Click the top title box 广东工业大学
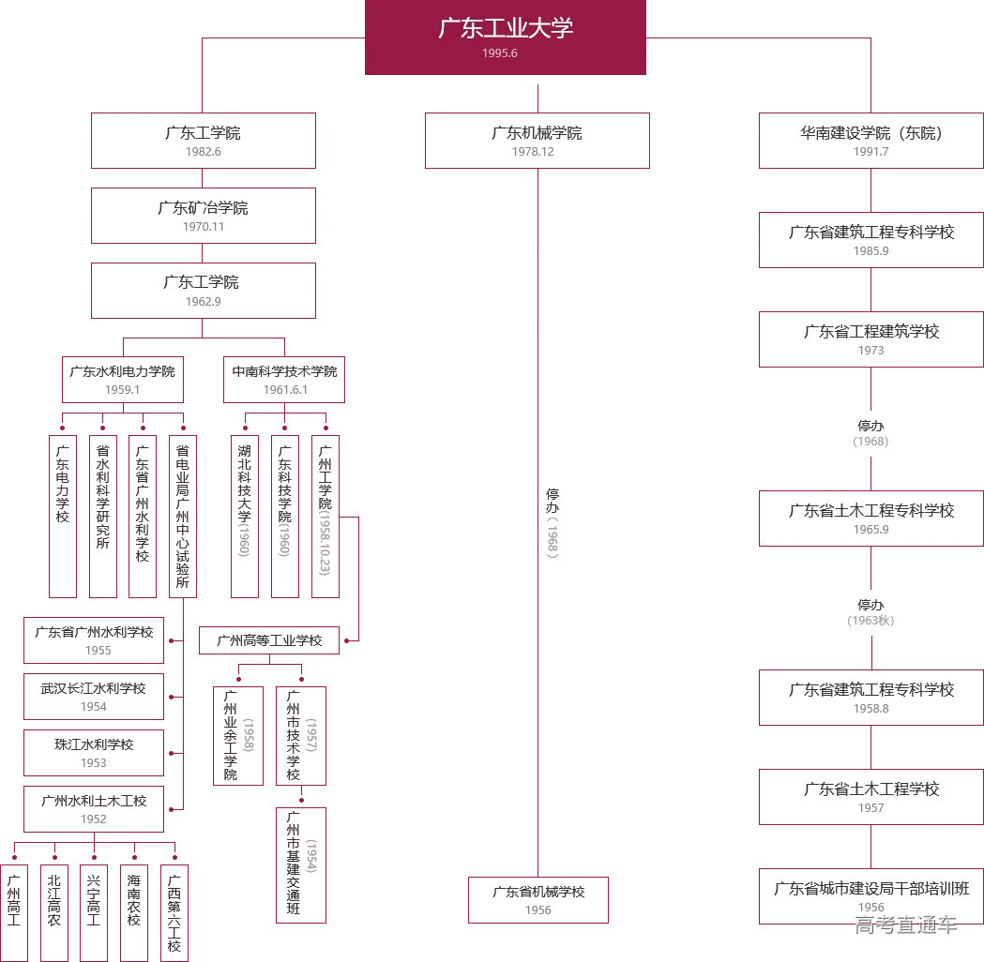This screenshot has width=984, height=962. pyautogui.click(x=505, y=37)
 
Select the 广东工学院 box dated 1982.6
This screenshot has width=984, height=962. pyautogui.click(x=203, y=141)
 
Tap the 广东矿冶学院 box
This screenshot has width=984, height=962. pyautogui.click(x=203, y=216)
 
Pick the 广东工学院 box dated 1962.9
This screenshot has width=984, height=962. pyautogui.click(x=203, y=290)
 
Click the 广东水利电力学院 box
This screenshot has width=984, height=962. pyautogui.click(x=122, y=379)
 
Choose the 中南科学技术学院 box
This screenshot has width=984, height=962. pyautogui.click(x=284, y=379)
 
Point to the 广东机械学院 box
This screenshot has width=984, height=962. pyautogui.click(x=537, y=141)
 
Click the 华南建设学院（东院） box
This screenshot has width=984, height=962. pyautogui.click(x=870, y=141)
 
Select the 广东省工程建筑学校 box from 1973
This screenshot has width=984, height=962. pyautogui.click(x=870, y=339)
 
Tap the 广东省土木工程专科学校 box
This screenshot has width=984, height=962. pyautogui.click(x=870, y=519)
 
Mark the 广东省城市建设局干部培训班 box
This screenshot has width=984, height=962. pyautogui.click(x=870, y=896)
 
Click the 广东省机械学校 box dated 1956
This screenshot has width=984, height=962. pyautogui.click(x=538, y=900)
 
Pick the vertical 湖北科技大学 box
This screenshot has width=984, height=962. pyautogui.click(x=245, y=516)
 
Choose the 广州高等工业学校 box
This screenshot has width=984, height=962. pyautogui.click(x=269, y=640)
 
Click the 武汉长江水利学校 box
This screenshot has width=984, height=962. pyautogui.click(x=94, y=697)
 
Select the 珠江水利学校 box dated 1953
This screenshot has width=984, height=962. pyautogui.click(x=94, y=753)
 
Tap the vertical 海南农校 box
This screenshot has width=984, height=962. pyautogui.click(x=134, y=912)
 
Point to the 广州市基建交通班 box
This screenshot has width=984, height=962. pyautogui.click(x=301, y=864)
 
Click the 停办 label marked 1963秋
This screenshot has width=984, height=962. pyautogui.click(x=870, y=611)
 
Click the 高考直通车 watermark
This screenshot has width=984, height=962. pyautogui.click(x=905, y=925)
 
